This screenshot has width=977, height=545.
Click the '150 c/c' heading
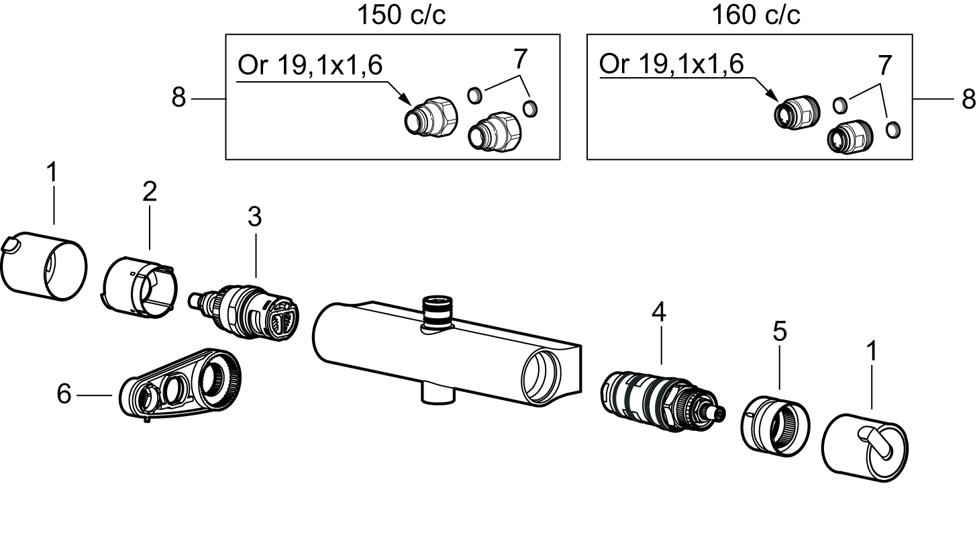(401, 15)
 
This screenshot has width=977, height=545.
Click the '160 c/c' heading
(756, 15)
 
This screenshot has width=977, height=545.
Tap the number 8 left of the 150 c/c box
(178, 97)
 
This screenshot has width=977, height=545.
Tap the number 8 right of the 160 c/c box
(968, 99)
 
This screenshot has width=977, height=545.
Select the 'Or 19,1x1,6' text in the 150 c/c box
(310, 65)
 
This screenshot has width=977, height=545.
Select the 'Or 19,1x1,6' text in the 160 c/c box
(671, 64)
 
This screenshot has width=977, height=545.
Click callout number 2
(150, 191)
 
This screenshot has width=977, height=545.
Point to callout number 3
(255, 217)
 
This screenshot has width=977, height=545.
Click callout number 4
(659, 312)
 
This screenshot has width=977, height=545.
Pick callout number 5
(780, 331)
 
